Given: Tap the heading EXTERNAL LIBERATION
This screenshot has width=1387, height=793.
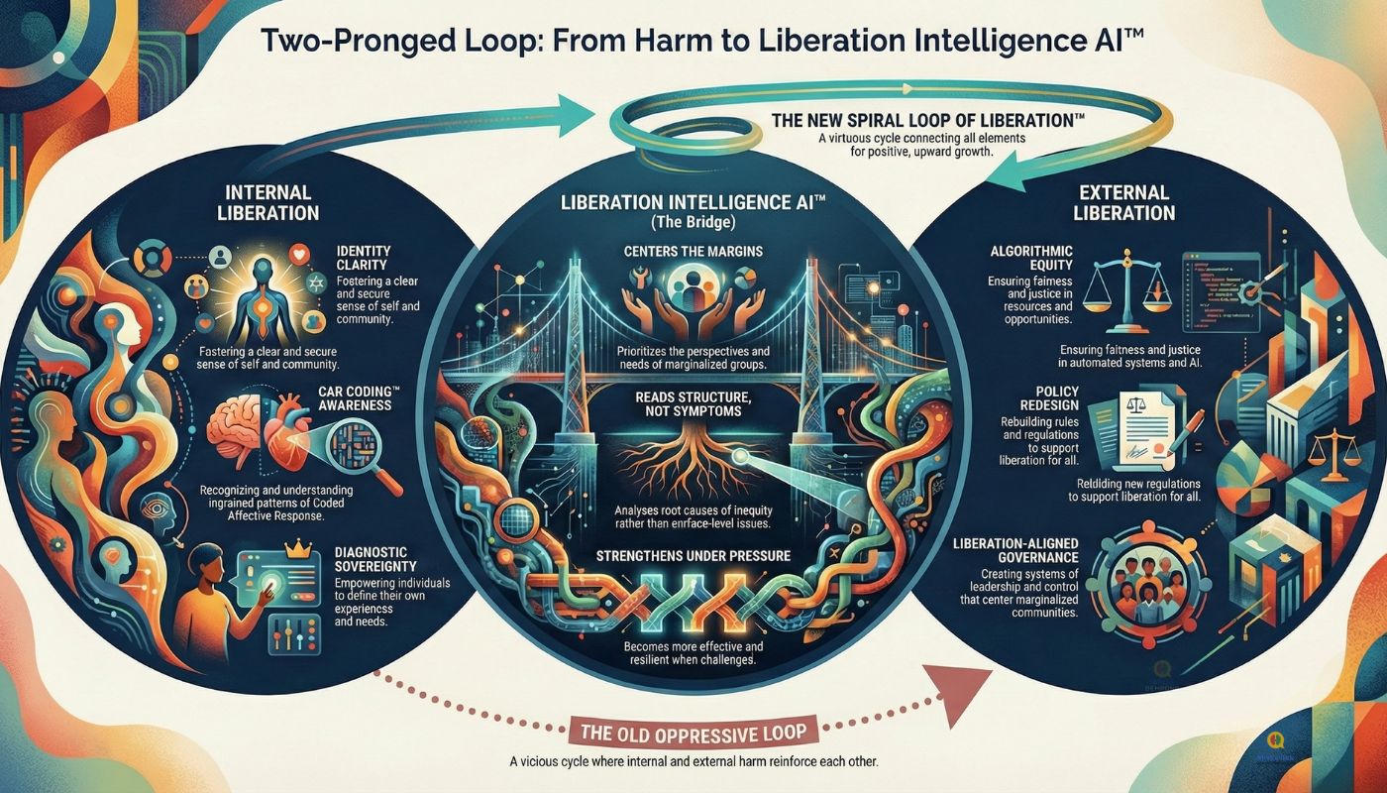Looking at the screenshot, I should pyautogui.click(x=1125, y=201).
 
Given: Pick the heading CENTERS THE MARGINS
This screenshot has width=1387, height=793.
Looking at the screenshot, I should pyautogui.click(x=693, y=250).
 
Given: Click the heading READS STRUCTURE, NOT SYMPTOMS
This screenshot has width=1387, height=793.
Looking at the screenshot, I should pyautogui.click(x=693, y=404).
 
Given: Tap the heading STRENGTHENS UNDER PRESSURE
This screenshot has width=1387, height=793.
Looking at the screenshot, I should pyautogui.click(x=693, y=555).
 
